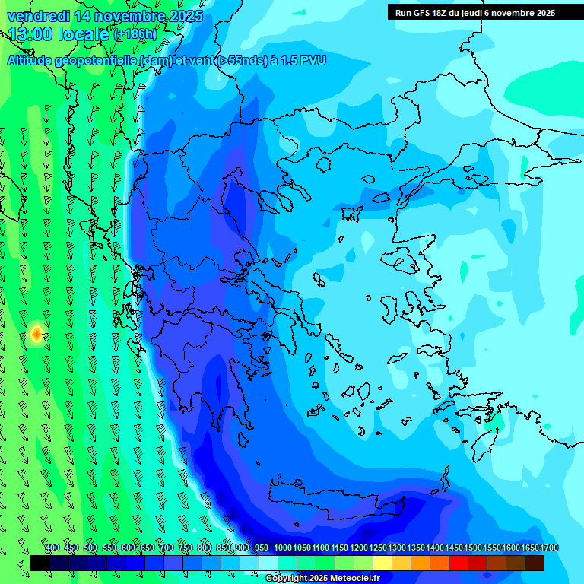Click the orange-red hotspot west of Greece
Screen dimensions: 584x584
click(36, 333)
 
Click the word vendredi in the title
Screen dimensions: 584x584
click(38, 16)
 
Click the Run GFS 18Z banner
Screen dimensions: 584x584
click(475, 13)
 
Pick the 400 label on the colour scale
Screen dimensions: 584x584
click(52, 548)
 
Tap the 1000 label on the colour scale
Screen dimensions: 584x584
click(283, 548)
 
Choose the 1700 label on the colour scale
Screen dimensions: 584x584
click(549, 548)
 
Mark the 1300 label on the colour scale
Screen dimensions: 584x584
click(397, 548)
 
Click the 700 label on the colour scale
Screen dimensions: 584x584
click(167, 548)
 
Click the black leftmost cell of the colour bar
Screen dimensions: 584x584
click(40, 563)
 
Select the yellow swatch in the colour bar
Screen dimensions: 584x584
click(382, 563)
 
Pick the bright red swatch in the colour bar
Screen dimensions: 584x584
click(459, 563)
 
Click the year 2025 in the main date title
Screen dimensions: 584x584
click(186, 16)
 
